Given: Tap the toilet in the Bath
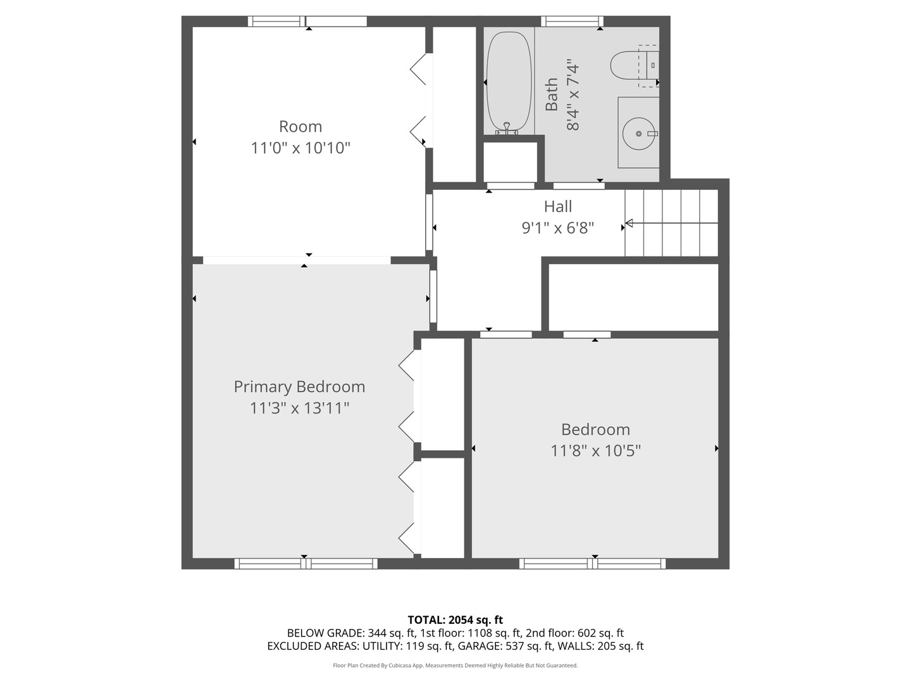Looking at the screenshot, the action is point(633,66).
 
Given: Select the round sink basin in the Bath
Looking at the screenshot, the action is point(638,133).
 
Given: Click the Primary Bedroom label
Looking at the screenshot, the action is point(299,387).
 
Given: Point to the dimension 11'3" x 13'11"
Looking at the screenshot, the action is point(299,408).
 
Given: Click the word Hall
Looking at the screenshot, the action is point(558,206).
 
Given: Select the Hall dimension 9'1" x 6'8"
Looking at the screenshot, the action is point(558,227).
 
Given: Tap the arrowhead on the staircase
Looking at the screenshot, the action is point(629,223).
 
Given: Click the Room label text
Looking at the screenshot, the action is point(301,126).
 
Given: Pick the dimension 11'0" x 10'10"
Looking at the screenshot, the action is point(301,148).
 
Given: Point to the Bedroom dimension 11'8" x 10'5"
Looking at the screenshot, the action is point(595,450).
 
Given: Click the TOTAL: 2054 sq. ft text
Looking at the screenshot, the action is point(455,619).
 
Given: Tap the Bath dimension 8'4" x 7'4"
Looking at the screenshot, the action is point(573,97).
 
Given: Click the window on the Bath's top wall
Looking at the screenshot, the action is point(573,21).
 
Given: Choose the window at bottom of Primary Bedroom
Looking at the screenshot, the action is point(306,564).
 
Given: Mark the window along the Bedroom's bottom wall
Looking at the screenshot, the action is point(593,564).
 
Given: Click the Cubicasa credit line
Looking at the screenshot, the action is point(455,665).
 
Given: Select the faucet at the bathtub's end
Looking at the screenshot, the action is point(507,129).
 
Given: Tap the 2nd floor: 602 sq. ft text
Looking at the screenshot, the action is point(575,633).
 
